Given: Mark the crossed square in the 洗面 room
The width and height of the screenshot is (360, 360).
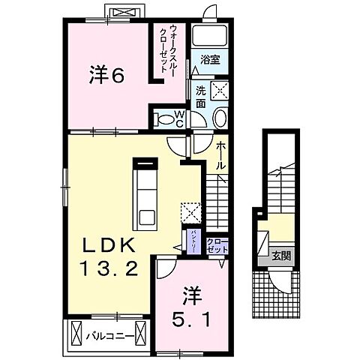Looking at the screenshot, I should [220, 91].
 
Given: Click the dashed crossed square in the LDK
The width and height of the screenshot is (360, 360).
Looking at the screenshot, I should [190, 211].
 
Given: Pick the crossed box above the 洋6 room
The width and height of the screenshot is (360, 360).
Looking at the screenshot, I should [122, 13].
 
